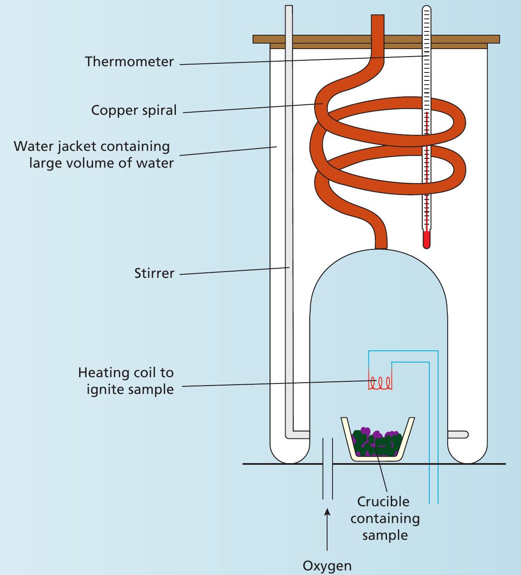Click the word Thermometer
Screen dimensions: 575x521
coord(129,62)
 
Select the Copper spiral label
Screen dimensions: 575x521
coord(134,110)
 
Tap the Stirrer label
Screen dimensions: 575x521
coord(154,273)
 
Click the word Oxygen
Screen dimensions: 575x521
coord(327,565)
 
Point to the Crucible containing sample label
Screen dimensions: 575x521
coord(385,518)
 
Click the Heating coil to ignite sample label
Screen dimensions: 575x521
coord(126,381)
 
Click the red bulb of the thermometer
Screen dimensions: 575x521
coord(426,240)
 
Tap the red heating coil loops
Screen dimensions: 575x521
coord(380,383)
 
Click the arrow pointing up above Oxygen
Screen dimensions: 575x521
coord(327,513)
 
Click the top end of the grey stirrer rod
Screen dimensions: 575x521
coord(289,8)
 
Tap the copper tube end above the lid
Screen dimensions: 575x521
coord(377,21)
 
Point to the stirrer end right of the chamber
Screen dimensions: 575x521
coord(459,435)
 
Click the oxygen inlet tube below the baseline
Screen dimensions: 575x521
coord(328,482)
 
